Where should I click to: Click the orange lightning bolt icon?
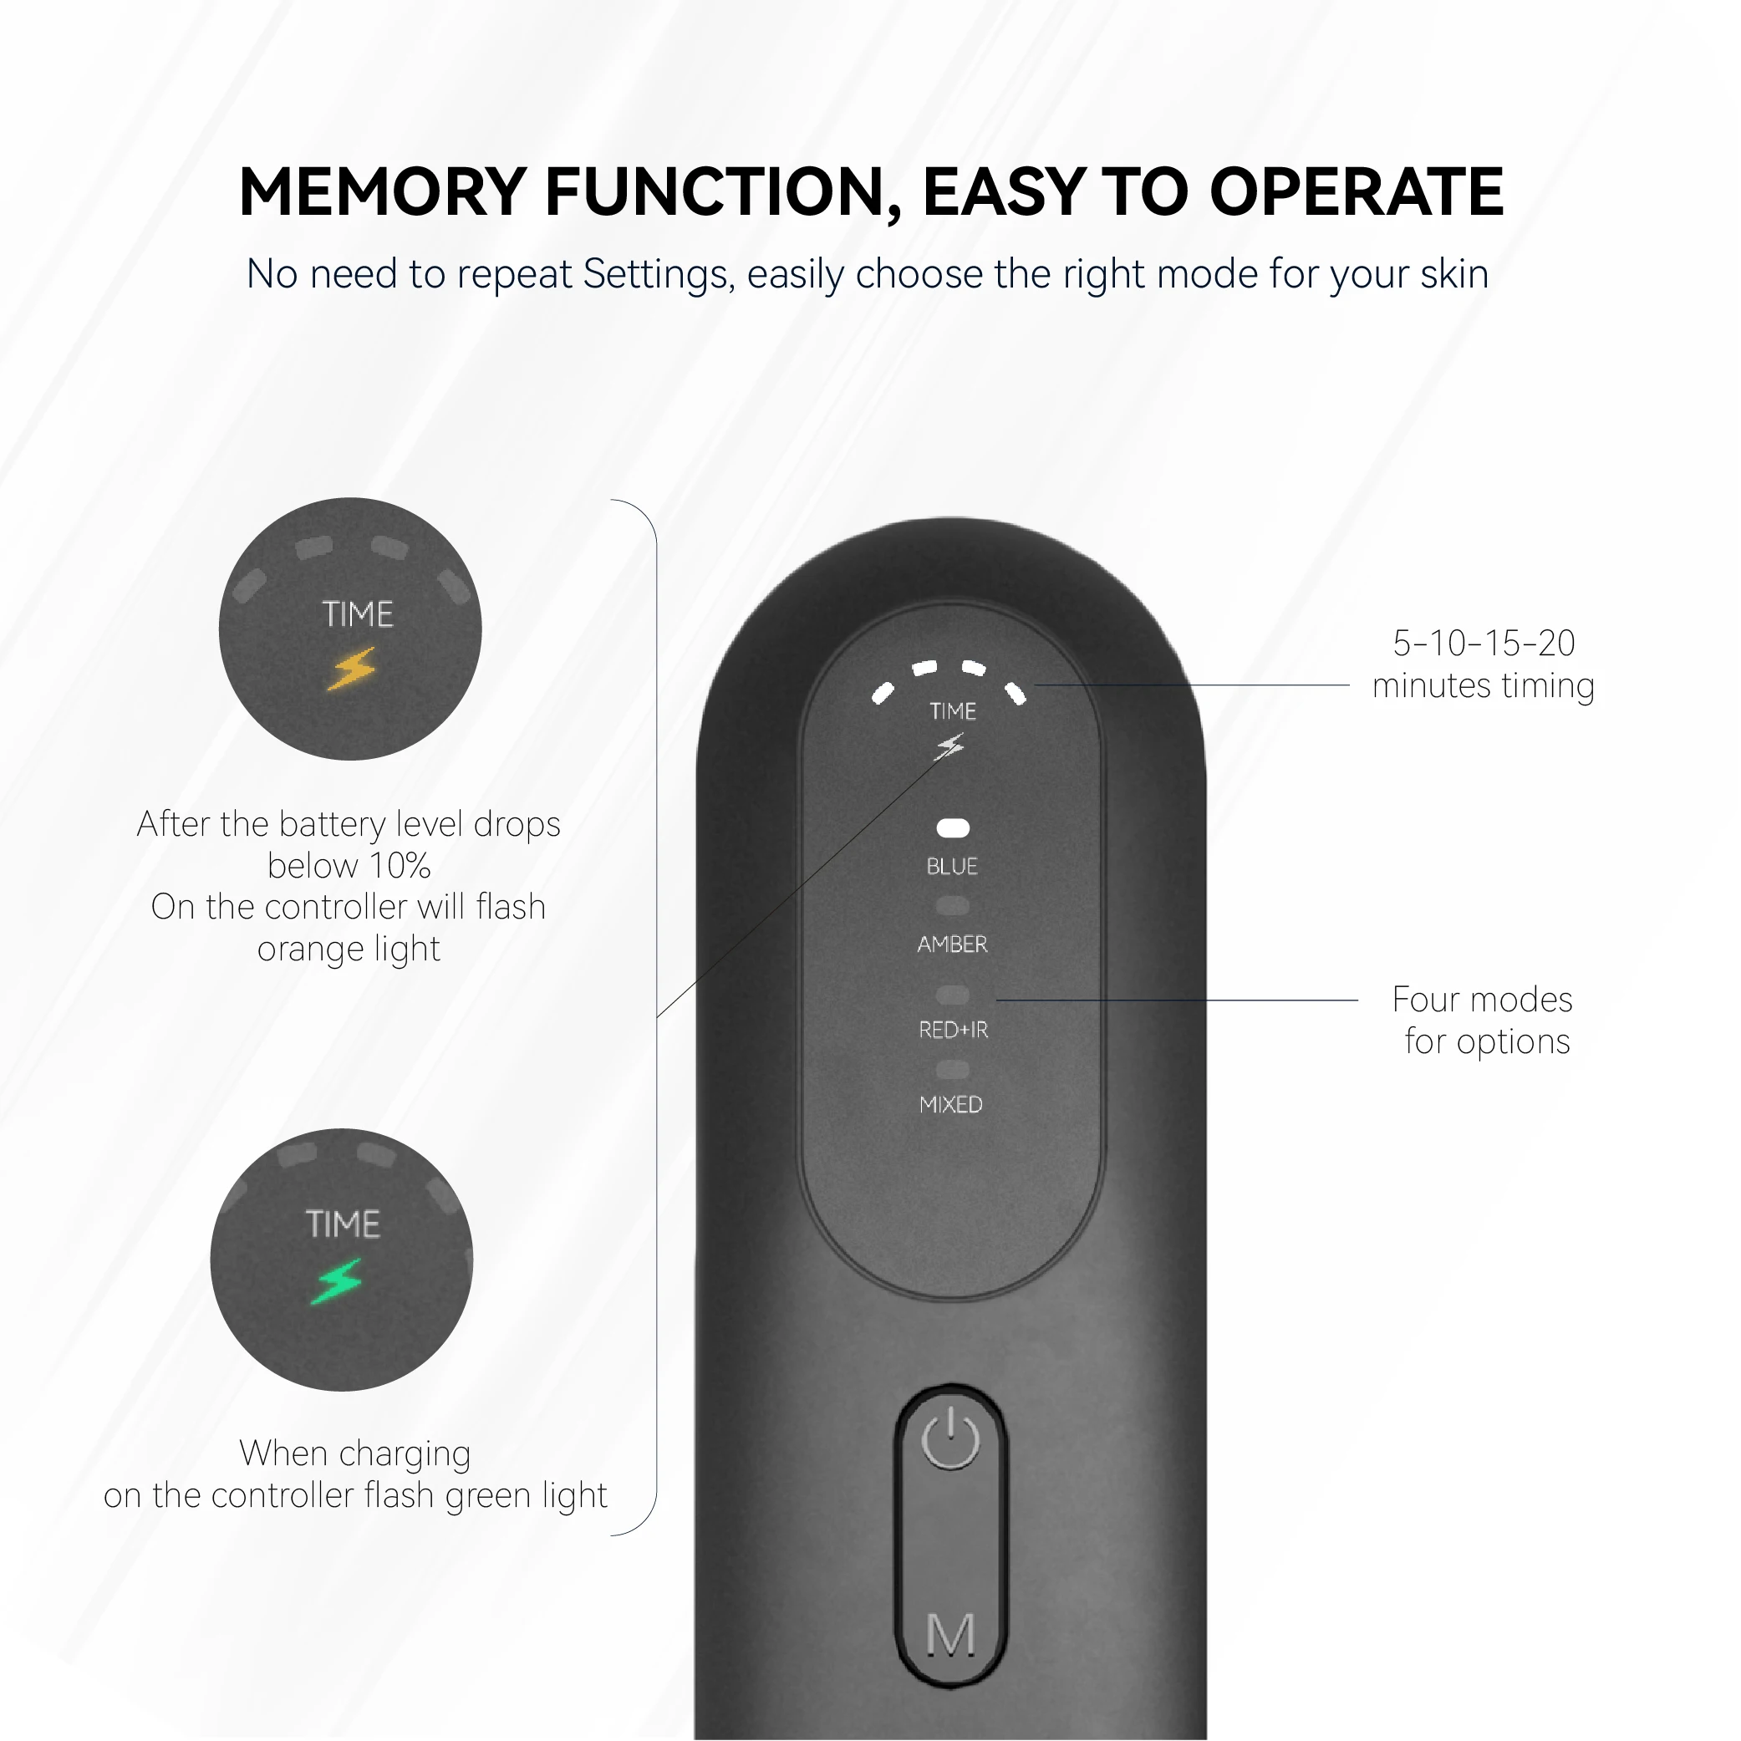(x=351, y=669)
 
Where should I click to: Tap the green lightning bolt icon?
(x=337, y=1281)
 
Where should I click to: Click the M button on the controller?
(x=950, y=1634)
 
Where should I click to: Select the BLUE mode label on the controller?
(x=952, y=866)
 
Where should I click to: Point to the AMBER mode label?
(x=952, y=944)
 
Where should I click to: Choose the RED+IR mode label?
(x=953, y=1029)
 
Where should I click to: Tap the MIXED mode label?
(x=950, y=1104)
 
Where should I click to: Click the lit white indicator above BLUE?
(x=953, y=827)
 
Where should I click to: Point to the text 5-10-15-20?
(x=1484, y=643)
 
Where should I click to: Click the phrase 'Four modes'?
(x=1481, y=1000)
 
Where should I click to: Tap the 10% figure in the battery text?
(x=400, y=865)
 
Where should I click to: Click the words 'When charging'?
(x=355, y=1453)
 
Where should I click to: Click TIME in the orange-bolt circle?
(x=358, y=613)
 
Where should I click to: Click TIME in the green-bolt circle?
(x=343, y=1224)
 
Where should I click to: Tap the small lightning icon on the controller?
(x=949, y=746)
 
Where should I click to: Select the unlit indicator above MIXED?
(x=953, y=1070)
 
